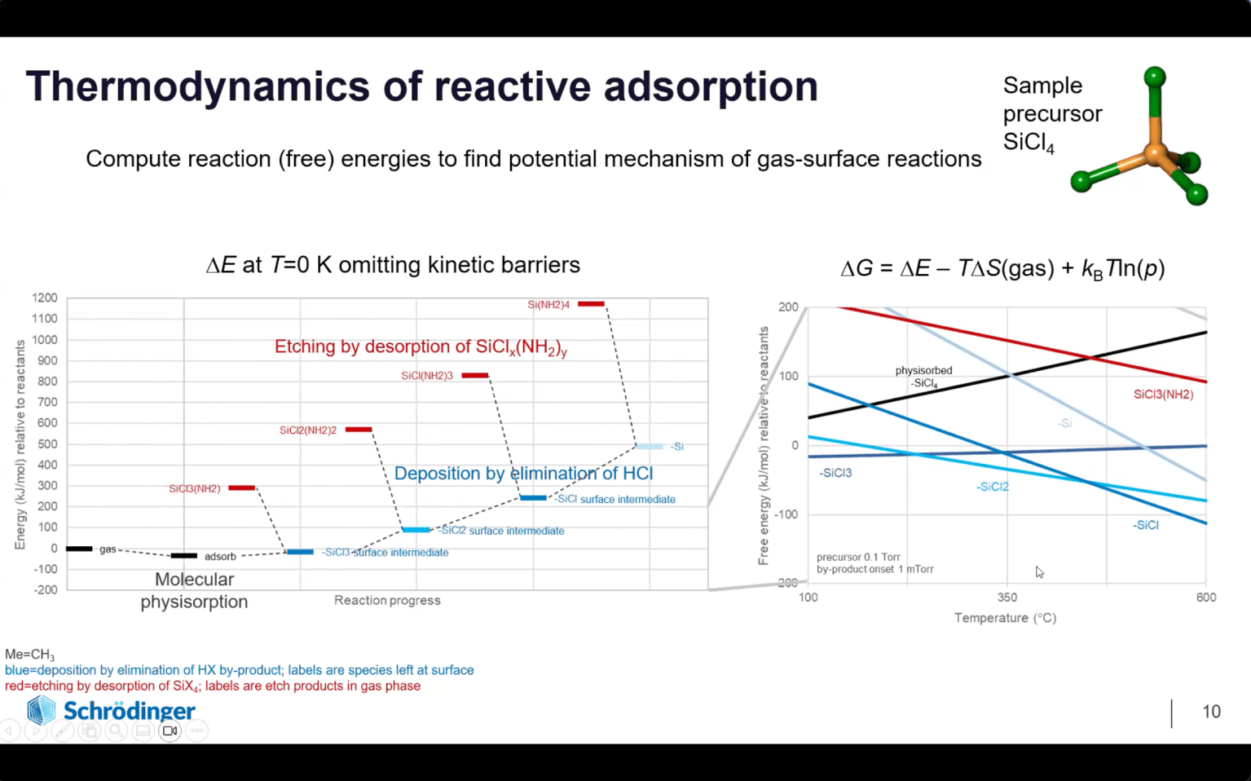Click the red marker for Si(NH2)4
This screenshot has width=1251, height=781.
coord(591,304)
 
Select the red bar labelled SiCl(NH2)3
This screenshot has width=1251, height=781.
coord(475,376)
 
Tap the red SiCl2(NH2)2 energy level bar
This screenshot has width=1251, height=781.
coord(359,430)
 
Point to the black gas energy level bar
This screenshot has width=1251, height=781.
coord(79,549)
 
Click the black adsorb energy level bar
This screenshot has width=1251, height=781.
coord(183,556)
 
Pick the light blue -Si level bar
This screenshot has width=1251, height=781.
coord(650,447)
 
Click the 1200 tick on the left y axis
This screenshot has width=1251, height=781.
coord(45,298)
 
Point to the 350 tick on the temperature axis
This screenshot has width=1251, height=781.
coord(1007,598)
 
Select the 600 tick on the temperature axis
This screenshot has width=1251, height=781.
coord(1206,598)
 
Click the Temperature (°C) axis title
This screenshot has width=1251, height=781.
coord(1005,618)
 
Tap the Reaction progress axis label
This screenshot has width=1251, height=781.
coord(387,601)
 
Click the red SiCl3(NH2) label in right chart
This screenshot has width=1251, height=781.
coord(1163,395)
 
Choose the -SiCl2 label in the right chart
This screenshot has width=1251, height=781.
coord(993,487)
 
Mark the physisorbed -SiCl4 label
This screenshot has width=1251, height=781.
coord(923,377)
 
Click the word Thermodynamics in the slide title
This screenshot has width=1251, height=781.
coord(199,86)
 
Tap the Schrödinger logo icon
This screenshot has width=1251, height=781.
coord(41,710)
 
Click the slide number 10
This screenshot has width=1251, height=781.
coord(1211,712)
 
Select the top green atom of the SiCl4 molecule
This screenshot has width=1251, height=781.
coord(1154,77)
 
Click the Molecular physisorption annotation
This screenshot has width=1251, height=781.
coord(194,590)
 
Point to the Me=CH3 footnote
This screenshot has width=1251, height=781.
coord(29,655)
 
